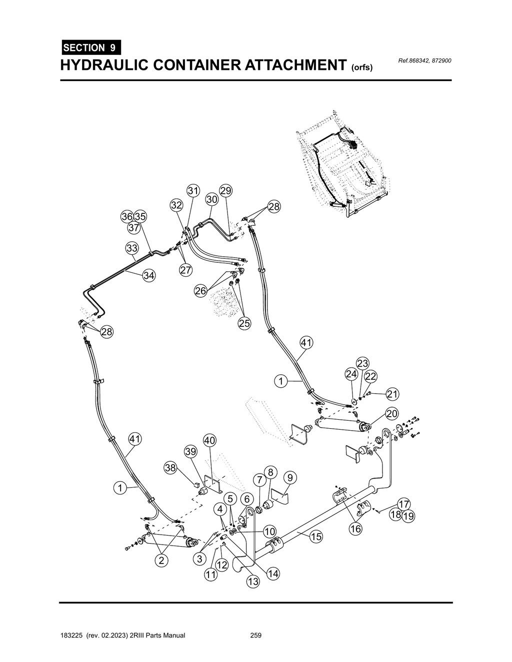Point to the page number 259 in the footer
coord(256,636)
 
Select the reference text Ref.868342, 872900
coord(424,61)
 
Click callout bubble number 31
coord(193,191)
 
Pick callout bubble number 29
coord(225,191)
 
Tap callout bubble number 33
coord(131,248)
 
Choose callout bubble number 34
coord(148,275)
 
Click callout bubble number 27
coord(185,270)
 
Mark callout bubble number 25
coord(244,323)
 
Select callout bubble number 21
coord(392,395)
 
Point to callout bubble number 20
coord(391,414)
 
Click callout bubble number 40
coord(209,441)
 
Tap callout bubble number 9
coord(289,478)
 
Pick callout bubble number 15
coord(315,537)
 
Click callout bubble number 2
coord(161,561)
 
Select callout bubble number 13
coord(253,582)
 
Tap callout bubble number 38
coord(170,468)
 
